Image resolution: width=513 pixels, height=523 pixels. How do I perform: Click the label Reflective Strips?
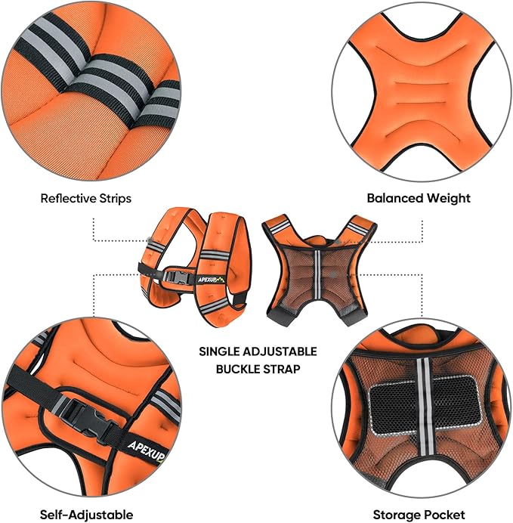(86, 199)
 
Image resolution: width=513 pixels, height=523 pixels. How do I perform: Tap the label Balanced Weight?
(419, 198)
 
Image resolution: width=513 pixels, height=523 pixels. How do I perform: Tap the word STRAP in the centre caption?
(283, 370)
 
